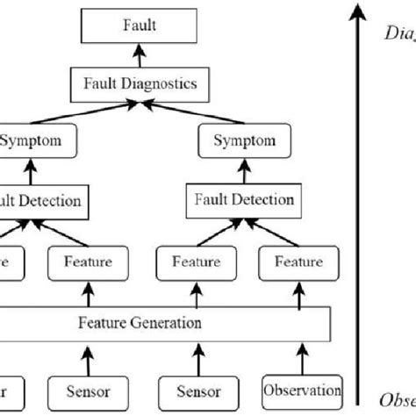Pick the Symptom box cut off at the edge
coord(31,140)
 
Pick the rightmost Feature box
coord(298,261)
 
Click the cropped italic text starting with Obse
coord(397,399)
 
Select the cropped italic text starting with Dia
coord(400,35)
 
